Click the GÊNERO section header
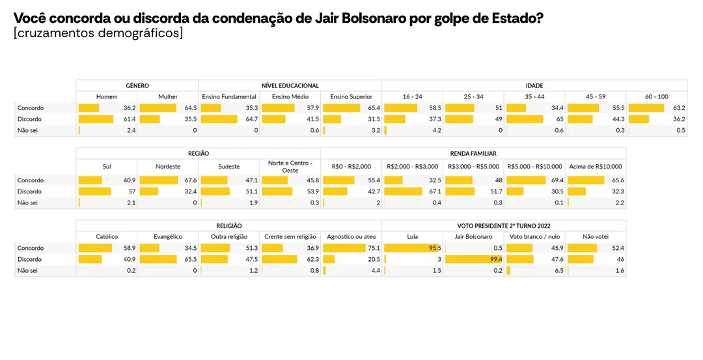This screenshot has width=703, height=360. point(137,85)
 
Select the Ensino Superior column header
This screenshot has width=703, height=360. point(351,97)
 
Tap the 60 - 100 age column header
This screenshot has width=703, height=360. point(656,97)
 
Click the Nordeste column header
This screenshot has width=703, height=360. point(168,167)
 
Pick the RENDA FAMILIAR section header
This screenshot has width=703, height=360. point(473,154)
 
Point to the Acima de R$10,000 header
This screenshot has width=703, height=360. point(596,167)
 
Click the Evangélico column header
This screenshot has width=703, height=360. point(168,237)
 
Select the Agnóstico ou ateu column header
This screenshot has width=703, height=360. point(351,237)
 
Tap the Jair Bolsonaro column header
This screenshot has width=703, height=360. point(473,237)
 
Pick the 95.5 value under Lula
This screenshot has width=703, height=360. point(434,248)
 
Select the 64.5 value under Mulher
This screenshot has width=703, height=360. point(190,108)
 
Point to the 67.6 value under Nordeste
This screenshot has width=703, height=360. point(190,180)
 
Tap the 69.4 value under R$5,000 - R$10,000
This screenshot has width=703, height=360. point(556,180)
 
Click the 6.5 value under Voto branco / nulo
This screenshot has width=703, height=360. point(557,270)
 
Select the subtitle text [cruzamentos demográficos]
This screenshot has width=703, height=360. point(98,33)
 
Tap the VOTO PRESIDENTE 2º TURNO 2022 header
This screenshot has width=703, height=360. point(504,225)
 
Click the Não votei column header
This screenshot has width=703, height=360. point(596,237)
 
